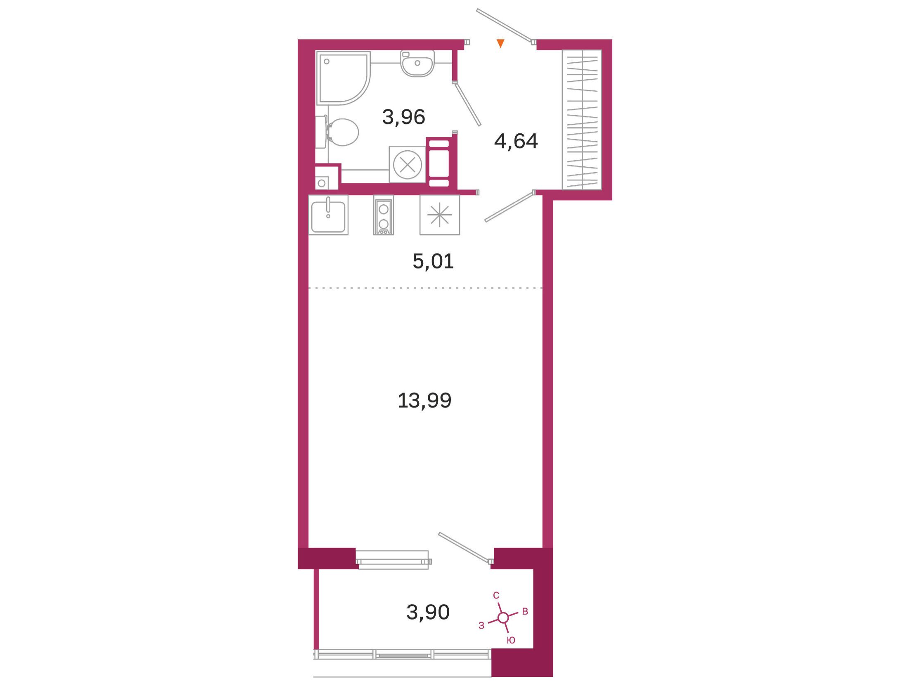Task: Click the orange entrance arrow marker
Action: [x=500, y=43]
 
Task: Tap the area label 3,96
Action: [x=403, y=117]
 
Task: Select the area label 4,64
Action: [x=516, y=142]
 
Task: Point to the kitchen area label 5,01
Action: [x=433, y=261]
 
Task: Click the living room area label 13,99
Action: [x=424, y=400]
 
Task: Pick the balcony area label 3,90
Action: [x=428, y=613]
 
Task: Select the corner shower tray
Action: [x=344, y=78]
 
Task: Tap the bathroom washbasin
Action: [x=417, y=63]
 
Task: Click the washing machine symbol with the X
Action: [x=408, y=165]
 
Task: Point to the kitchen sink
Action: [x=328, y=215]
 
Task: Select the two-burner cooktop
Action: [x=384, y=215]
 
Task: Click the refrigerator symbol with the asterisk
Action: [x=440, y=215]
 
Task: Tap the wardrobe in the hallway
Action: [x=582, y=120]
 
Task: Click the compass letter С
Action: [x=496, y=595]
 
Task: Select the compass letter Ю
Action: [x=511, y=640]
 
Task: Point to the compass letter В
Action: [x=525, y=612]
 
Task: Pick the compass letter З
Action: [x=481, y=626]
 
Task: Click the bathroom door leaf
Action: [x=467, y=104]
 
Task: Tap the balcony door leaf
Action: [x=465, y=547]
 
